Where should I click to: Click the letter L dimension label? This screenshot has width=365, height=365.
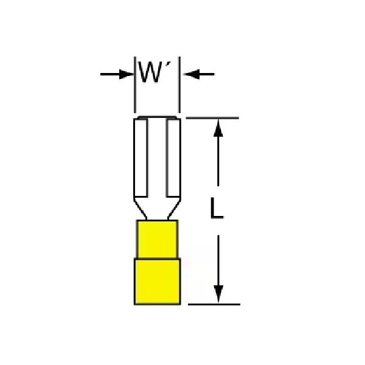217,208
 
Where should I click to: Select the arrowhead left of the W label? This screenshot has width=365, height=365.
127,74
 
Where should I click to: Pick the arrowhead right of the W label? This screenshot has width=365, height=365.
192,74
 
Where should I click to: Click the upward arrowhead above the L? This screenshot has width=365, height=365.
218,128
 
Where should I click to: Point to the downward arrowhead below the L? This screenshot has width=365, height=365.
218,294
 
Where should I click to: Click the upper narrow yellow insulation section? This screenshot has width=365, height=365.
157,239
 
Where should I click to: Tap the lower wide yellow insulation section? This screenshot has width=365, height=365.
157,281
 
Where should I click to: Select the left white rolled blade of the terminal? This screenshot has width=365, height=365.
141,158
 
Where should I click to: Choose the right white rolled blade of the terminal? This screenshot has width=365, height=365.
173,158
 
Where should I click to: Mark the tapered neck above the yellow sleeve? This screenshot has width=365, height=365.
157,209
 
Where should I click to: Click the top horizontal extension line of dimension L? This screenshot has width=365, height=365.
212,118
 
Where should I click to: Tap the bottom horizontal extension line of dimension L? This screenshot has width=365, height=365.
214,304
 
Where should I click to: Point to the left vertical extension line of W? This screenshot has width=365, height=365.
135,85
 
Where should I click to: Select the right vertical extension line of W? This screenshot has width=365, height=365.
179,85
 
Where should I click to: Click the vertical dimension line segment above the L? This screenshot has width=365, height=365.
218,153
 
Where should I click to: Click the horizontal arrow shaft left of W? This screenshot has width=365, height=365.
110,74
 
